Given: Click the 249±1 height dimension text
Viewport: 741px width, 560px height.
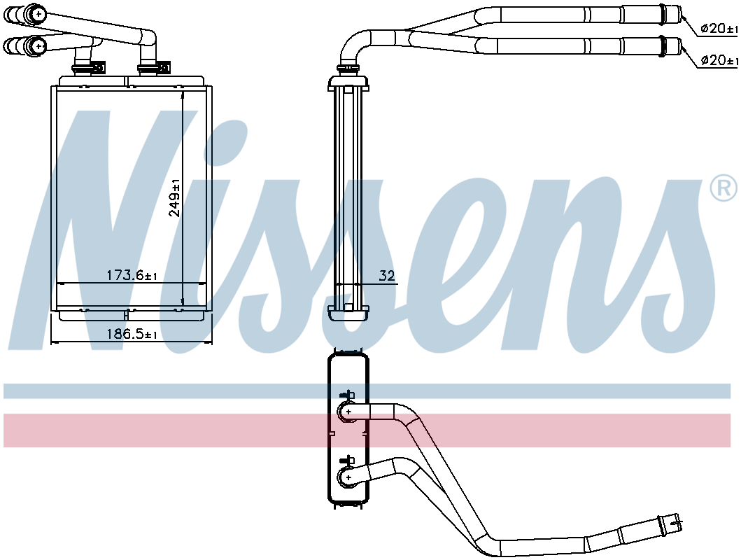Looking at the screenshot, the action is pyautogui.click(x=175, y=197).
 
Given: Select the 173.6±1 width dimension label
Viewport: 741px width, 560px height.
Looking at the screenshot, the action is pyautogui.click(x=132, y=275).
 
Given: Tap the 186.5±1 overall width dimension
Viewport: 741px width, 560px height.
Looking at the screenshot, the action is pyautogui.click(x=132, y=334).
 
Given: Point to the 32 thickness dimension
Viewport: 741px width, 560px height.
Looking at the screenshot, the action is pyautogui.click(x=386, y=276).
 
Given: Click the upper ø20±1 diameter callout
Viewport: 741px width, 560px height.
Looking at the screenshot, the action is pyautogui.click(x=719, y=29).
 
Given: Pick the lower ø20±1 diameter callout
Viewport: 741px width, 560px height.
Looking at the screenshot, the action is pyautogui.click(x=719, y=60).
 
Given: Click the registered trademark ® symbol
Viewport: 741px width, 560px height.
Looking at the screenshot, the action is pyautogui.click(x=724, y=188).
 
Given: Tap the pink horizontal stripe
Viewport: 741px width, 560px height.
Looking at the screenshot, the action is pyautogui.click(x=367, y=430).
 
